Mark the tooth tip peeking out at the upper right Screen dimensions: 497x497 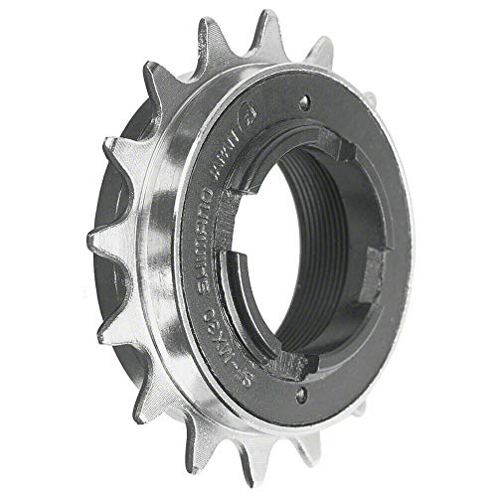click(329, 40)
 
